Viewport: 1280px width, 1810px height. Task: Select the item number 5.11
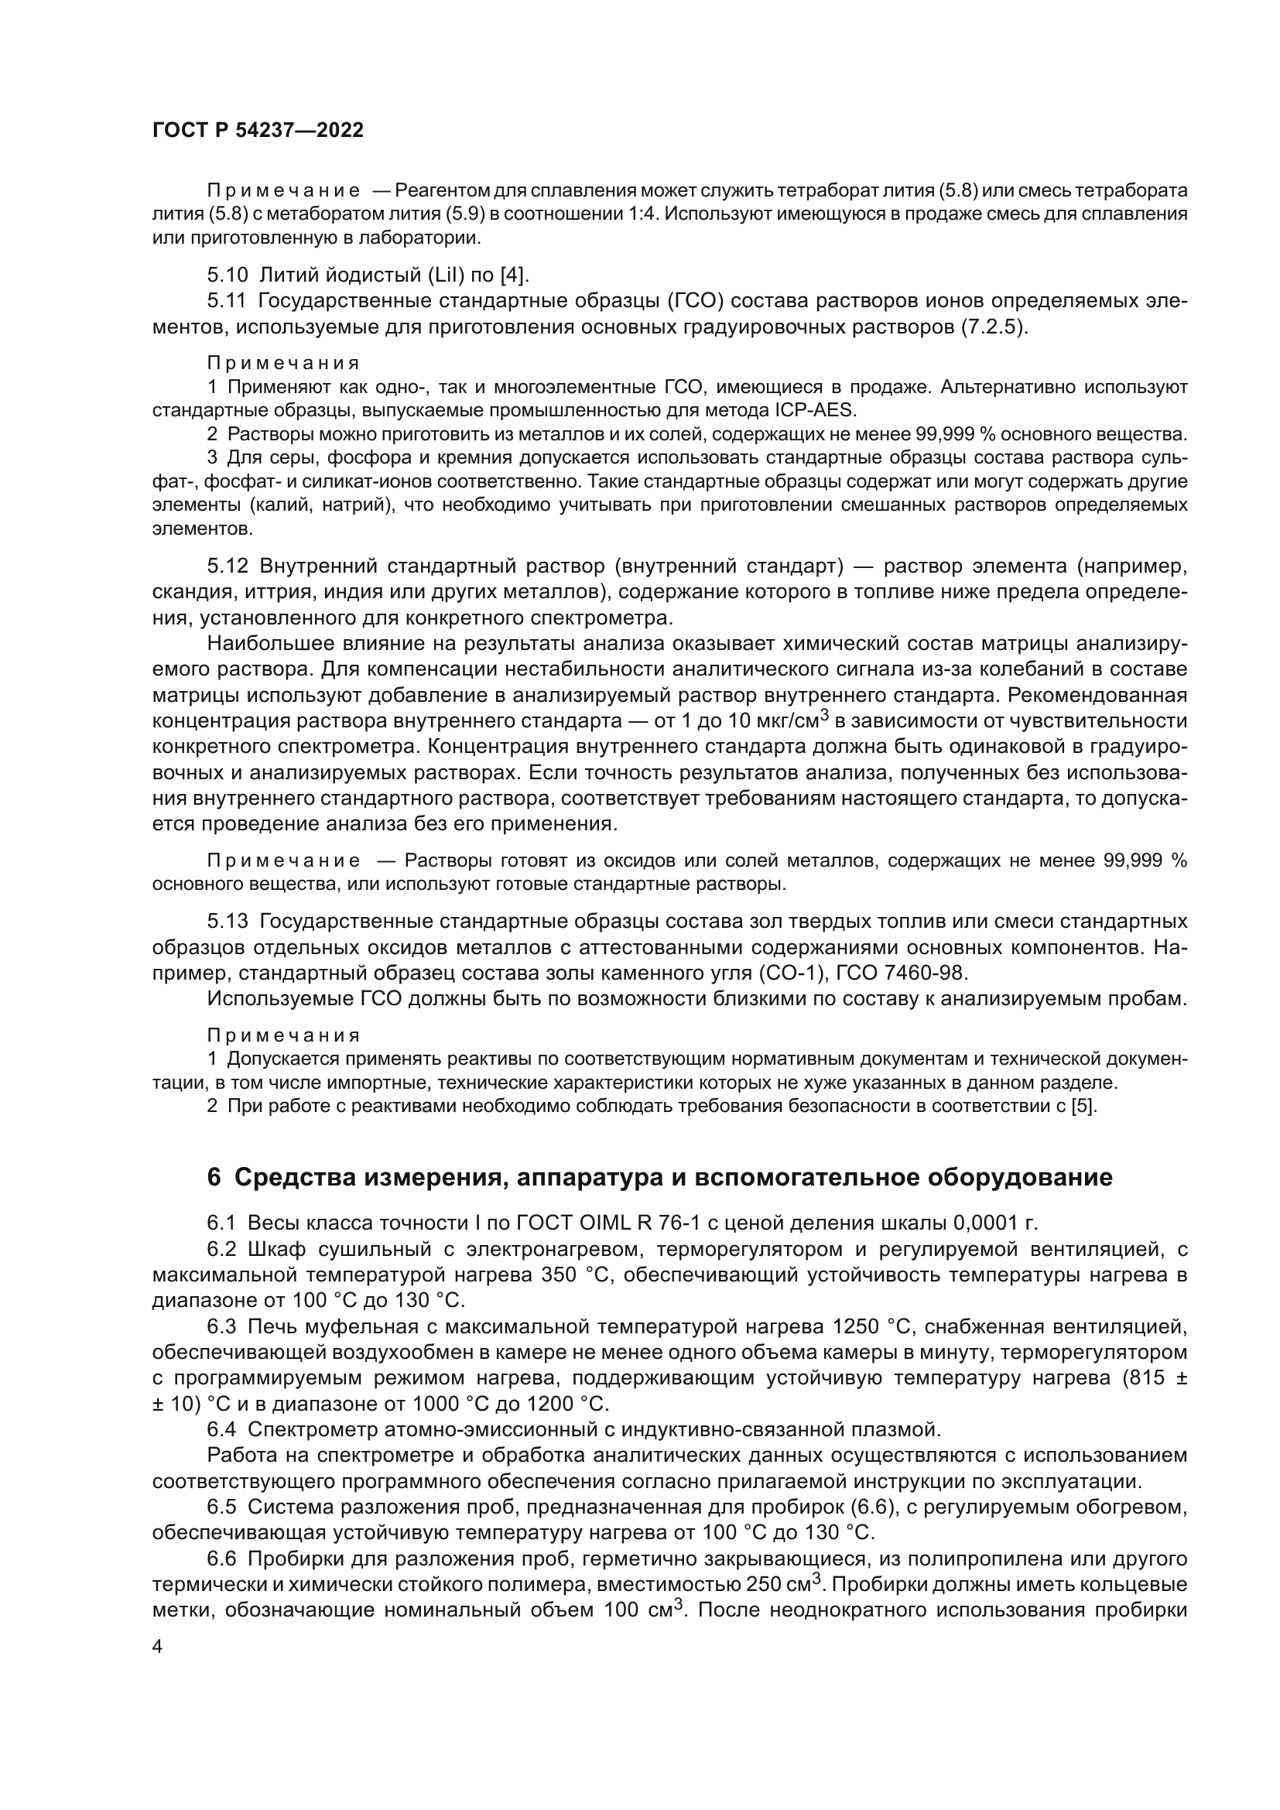[228, 300]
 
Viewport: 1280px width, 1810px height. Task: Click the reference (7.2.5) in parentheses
[993, 327]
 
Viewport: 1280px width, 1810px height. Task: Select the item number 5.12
[228, 565]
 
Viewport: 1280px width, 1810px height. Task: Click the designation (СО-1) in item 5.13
[784, 973]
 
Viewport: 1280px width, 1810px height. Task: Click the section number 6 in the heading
[214, 1178]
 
